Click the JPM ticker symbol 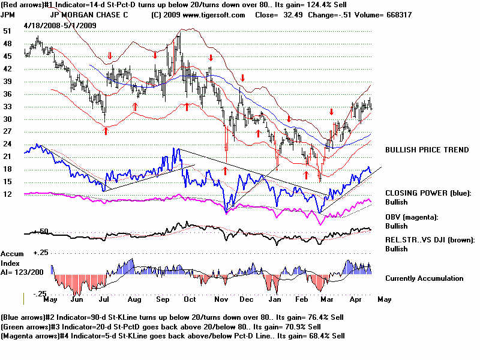coord(8,14)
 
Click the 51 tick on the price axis coord(7,31)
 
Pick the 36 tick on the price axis coord(7,94)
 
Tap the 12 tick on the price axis coord(7,194)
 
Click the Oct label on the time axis coord(190,298)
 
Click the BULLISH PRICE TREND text coord(427,150)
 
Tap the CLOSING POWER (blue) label coord(428,193)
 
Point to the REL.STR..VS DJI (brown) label coord(430,240)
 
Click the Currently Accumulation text coord(424,278)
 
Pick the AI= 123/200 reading coord(21,272)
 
